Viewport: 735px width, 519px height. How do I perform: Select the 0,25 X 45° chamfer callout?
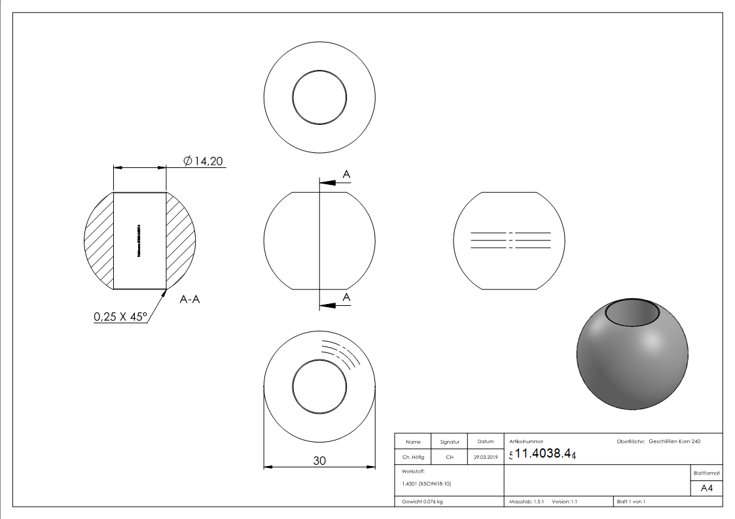pos(120,316)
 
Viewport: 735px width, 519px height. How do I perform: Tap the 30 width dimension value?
pos(319,460)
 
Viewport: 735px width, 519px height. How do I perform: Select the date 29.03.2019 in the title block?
pos(485,458)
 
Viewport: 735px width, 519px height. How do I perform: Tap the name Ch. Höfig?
pos(413,458)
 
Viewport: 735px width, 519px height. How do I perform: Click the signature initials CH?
pos(450,458)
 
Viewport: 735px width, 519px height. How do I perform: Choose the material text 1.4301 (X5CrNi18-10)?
pos(427,484)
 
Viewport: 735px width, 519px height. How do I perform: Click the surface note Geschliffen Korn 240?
pos(674,442)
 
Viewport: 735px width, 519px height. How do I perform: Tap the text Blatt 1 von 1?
pos(631,501)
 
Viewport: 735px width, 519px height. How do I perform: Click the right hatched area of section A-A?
pos(179,239)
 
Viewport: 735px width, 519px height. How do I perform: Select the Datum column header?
pos(485,442)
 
